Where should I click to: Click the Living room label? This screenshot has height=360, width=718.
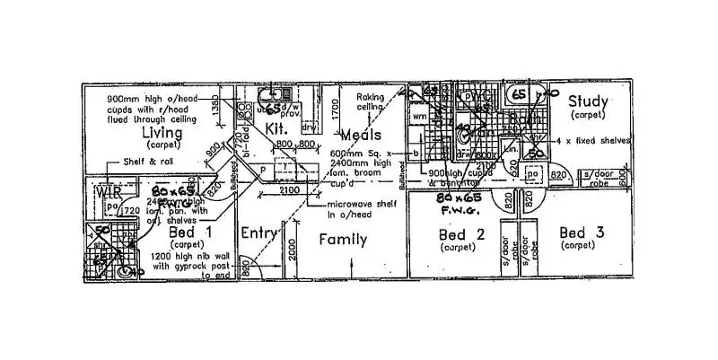point(162,135)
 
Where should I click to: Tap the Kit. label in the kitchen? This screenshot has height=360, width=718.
point(275,129)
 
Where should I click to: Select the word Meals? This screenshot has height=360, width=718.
point(363,135)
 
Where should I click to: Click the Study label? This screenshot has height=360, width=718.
point(588,102)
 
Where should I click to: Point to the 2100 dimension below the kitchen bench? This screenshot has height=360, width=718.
point(288,190)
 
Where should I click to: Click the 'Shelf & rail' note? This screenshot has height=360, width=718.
point(148,162)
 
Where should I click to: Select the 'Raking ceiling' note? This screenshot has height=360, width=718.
point(370,101)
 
